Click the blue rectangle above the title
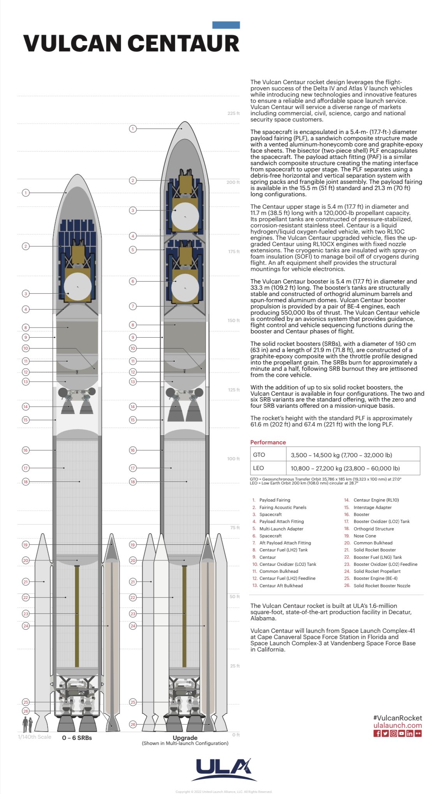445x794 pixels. pos(226,25)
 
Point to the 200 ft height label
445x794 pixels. pos(233,182)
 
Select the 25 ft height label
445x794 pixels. pos(235,666)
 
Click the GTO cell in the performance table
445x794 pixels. pos(259,455)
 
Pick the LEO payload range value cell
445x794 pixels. pos(345,468)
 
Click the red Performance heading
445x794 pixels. pos(268,442)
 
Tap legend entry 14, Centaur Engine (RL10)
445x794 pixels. pos(376,500)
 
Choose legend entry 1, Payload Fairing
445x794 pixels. pos(274,500)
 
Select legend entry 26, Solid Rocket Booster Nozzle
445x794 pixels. pos(382,586)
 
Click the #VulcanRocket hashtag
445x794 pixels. pos(397,718)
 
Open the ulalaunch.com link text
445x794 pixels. pos(398,725)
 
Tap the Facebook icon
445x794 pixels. pos(377,734)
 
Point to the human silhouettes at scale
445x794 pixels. pos(27,725)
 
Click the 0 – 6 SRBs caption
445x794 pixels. pos(77,738)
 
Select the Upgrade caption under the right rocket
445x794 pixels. pos(185,738)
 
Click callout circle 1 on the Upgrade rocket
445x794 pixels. pos(133,129)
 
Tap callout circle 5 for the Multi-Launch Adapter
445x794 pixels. pos(133,250)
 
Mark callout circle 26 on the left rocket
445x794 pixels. pos(26,711)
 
